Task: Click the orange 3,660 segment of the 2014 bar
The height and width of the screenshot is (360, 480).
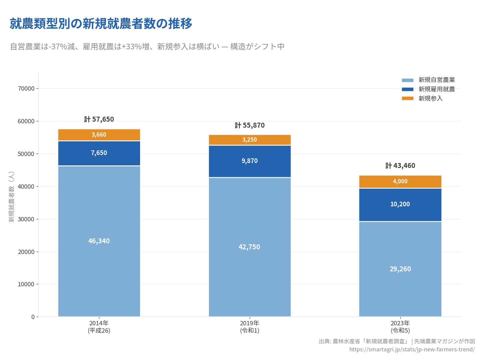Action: coord(99,135)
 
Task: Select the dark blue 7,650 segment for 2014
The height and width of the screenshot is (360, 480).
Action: coord(99,153)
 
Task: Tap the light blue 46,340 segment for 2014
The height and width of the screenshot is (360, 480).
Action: coord(99,241)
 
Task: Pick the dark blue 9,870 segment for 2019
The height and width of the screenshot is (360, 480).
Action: coord(250,161)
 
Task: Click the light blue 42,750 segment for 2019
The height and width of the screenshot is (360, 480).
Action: coord(250,247)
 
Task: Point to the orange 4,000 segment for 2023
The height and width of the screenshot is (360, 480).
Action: coord(400,182)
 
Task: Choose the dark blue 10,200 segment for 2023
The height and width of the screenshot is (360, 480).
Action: coord(400,204)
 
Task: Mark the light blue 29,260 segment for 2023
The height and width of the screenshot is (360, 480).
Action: coord(400,269)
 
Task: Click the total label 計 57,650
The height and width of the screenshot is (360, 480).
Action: coord(99,119)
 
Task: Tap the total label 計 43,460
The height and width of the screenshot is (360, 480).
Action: coord(400,166)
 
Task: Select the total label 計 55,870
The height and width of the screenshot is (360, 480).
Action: coord(250,125)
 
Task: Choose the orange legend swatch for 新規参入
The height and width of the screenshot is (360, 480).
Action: coord(407,98)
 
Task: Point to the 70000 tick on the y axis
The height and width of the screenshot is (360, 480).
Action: coord(26,89)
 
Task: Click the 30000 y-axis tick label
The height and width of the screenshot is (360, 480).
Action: coord(26,219)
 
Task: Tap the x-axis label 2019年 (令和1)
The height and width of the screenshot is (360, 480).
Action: coord(250,327)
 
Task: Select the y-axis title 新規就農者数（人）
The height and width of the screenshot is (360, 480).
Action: coord(12,197)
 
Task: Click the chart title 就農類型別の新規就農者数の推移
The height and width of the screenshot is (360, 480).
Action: coord(101,24)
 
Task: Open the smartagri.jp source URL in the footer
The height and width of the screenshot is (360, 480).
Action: coord(412,349)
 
